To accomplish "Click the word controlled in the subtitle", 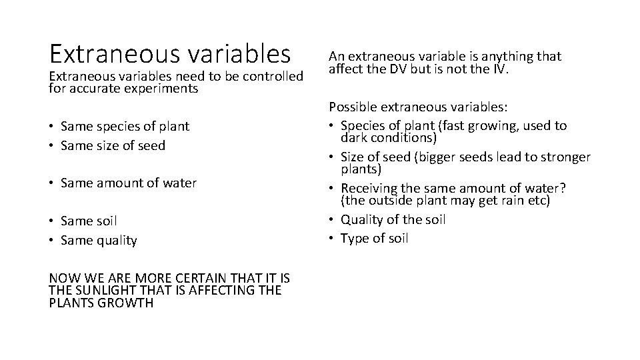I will [272, 76].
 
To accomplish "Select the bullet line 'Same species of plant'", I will [125, 126].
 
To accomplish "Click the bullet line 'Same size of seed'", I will [113, 145].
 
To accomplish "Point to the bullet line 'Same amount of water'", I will [128, 182].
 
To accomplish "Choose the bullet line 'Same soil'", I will [89, 221].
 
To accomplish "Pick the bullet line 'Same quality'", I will [99, 240].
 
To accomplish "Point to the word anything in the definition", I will [501, 56].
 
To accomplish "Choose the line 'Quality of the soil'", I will [393, 219].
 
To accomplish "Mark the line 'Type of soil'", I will [374, 238].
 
